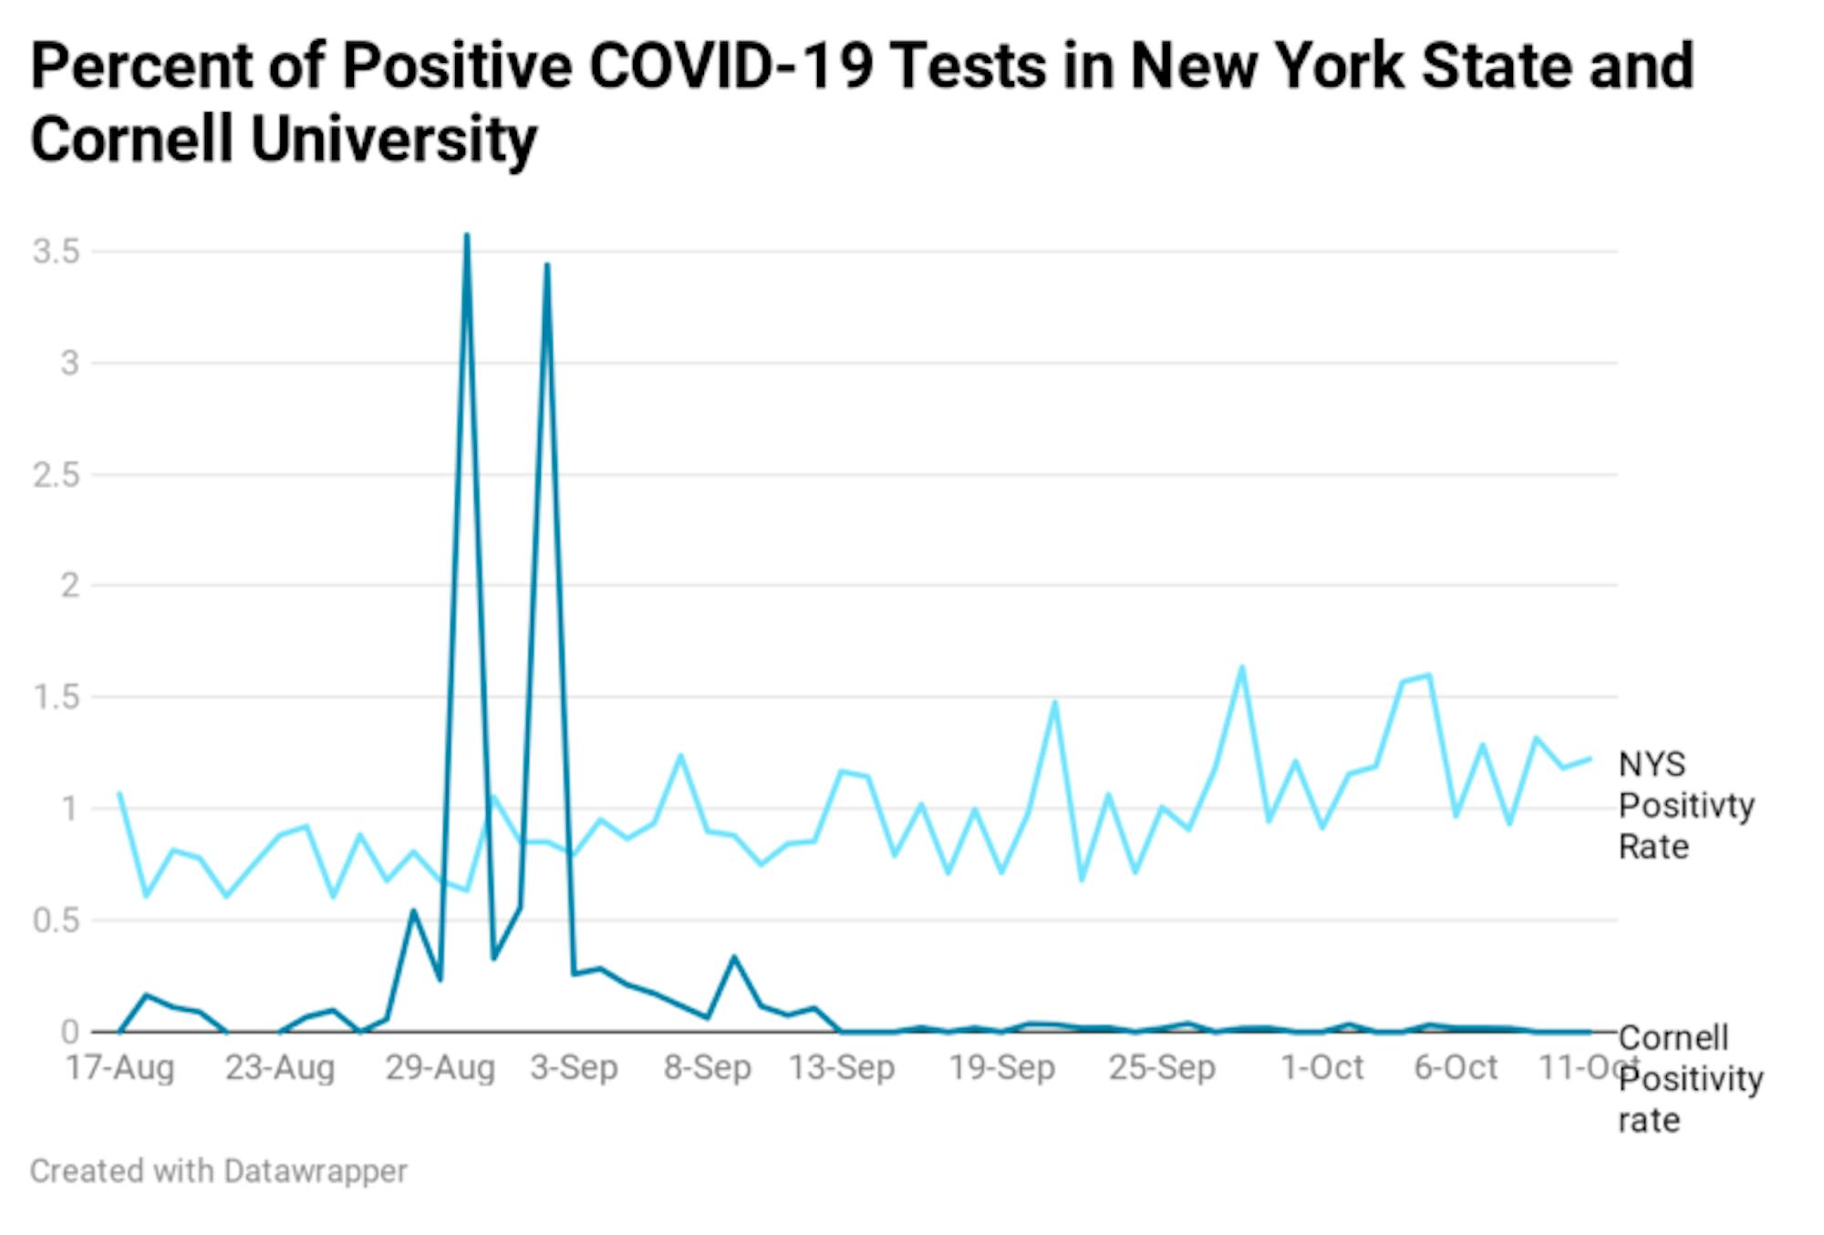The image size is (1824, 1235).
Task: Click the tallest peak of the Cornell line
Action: pyautogui.click(x=467, y=235)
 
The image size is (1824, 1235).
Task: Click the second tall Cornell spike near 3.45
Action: pyautogui.click(x=547, y=265)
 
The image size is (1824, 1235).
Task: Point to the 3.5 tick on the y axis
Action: pyautogui.click(x=56, y=251)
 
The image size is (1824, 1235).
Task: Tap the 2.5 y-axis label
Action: pyautogui.click(x=56, y=474)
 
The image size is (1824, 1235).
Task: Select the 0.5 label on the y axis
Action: pyautogui.click(x=56, y=920)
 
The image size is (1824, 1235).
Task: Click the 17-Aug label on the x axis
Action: pyautogui.click(x=119, y=1067)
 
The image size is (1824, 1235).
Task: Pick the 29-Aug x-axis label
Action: pyautogui.click(x=440, y=1067)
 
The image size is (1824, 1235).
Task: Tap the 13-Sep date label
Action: pyautogui.click(x=841, y=1067)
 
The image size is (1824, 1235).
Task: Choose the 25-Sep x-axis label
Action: pyautogui.click(x=1162, y=1067)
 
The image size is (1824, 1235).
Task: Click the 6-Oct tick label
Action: pyautogui.click(x=1456, y=1067)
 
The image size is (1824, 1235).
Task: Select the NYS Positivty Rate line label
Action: pyautogui.click(x=1685, y=805)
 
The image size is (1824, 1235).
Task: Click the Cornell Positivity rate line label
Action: pyautogui.click(x=1689, y=1079)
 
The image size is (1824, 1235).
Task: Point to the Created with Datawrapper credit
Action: pyautogui.click(x=218, y=1171)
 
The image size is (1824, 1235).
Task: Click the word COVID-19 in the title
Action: pyautogui.click(x=731, y=66)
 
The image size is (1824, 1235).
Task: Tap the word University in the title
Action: pyautogui.click(x=394, y=140)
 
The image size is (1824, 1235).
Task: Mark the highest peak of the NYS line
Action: pyautogui.click(x=1242, y=667)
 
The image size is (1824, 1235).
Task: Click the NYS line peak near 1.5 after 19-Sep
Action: pyautogui.click(x=1055, y=702)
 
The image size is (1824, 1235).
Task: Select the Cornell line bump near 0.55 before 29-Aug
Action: pyautogui.click(x=413, y=910)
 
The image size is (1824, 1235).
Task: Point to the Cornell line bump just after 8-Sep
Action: pyautogui.click(x=734, y=957)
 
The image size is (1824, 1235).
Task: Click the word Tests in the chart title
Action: pyautogui.click(x=968, y=66)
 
